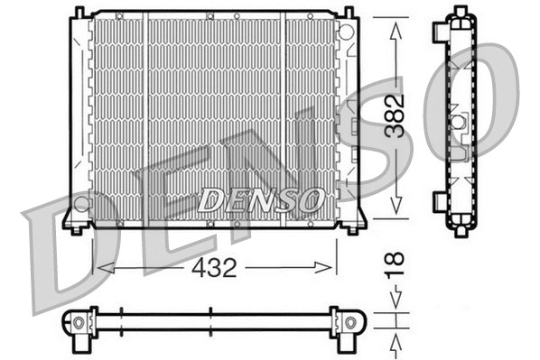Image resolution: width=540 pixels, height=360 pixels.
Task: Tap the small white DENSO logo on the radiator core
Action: coord(259,198)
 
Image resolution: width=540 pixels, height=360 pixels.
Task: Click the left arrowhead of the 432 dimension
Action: coord(102,267)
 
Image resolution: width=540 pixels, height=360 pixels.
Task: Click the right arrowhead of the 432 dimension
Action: coord(329,267)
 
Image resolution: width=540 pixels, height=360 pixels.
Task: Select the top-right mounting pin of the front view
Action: coord(349,13)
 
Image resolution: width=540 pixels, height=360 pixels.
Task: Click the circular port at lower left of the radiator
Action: coord(81,203)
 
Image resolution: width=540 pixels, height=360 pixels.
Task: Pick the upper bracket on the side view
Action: coord(441,31)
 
